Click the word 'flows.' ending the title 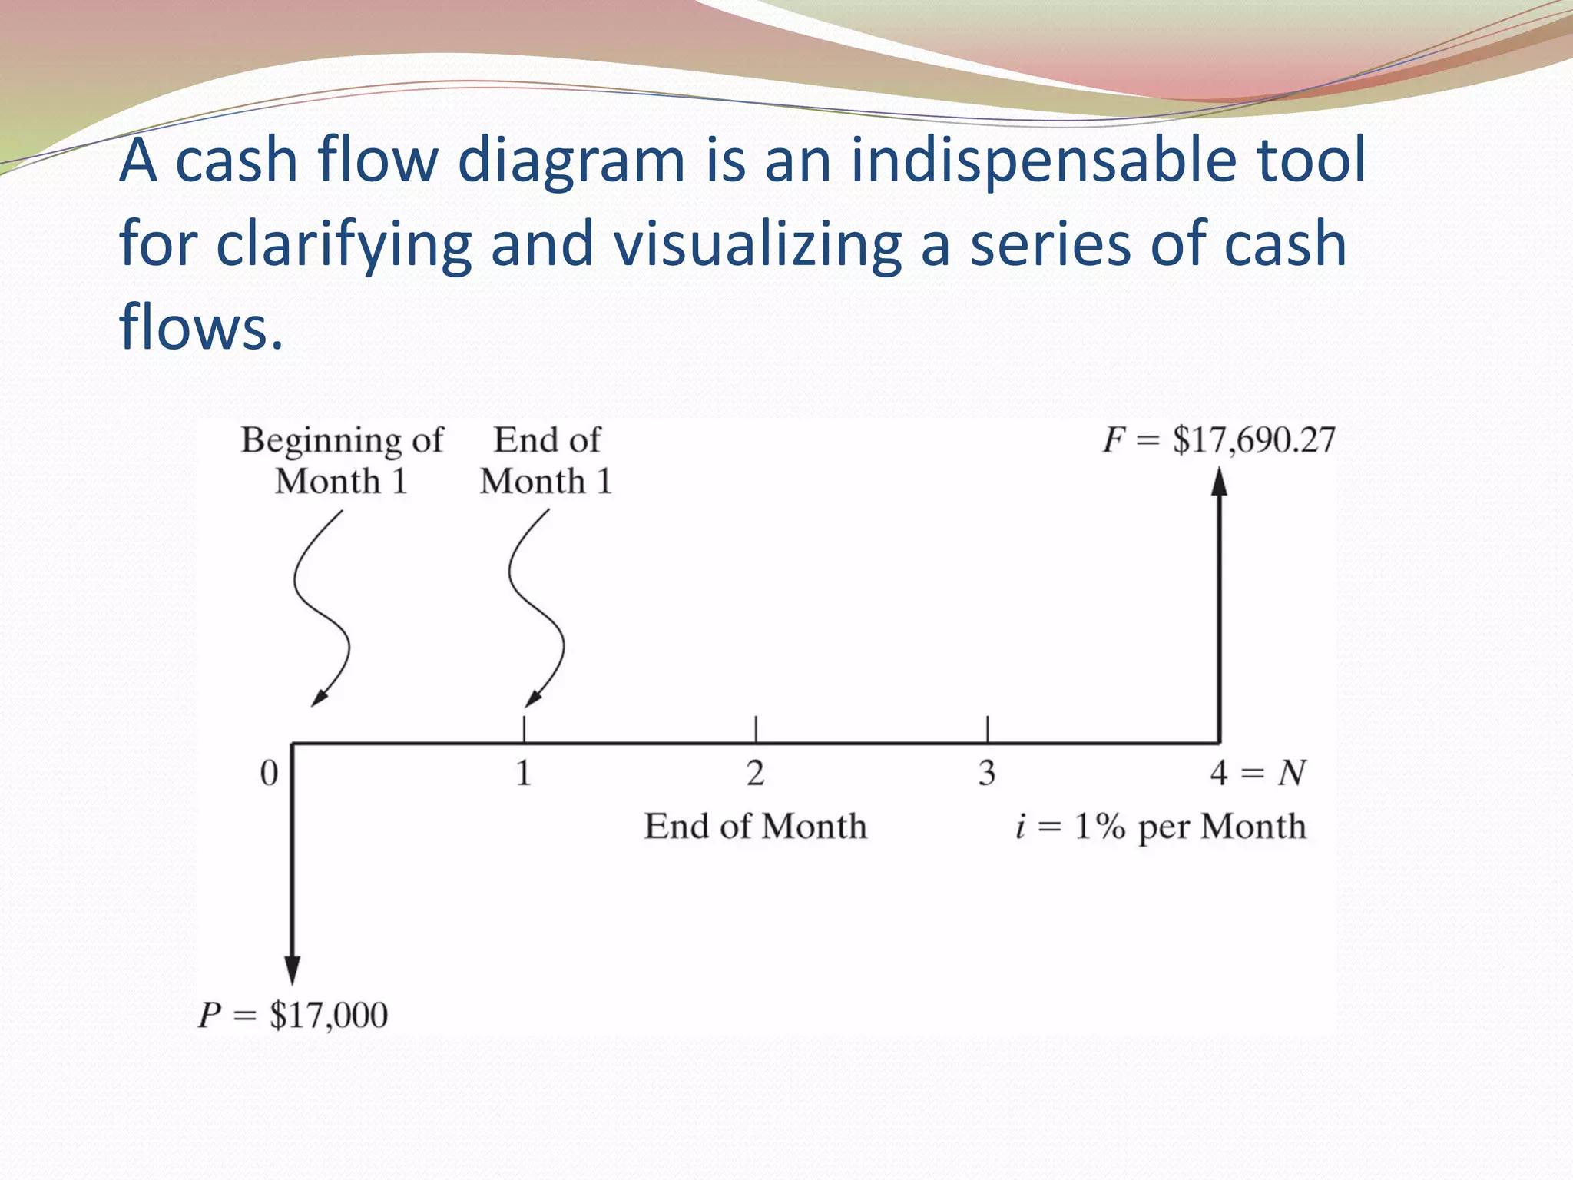click(201, 327)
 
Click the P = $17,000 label click(293, 1016)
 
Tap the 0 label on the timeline click(269, 773)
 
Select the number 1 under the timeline click(524, 773)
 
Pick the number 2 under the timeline click(756, 773)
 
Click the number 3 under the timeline click(987, 773)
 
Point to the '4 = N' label click(1257, 773)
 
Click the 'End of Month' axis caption click(755, 827)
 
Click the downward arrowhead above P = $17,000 click(292, 970)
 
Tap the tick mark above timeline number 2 click(756, 728)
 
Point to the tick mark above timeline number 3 click(987, 728)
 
